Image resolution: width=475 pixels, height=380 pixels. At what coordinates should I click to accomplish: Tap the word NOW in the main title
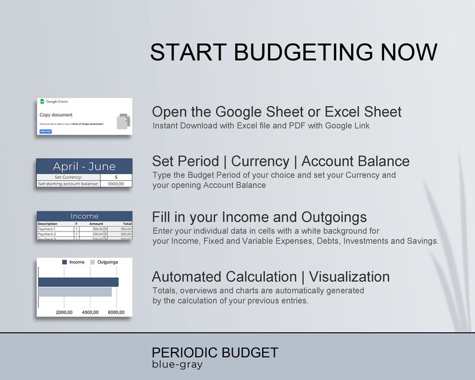click(407, 52)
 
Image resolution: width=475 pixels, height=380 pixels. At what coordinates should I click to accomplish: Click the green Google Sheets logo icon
click(42, 102)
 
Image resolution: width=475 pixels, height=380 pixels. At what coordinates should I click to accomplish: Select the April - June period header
click(84, 166)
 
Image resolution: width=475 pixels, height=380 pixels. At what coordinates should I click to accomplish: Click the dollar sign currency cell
click(116, 177)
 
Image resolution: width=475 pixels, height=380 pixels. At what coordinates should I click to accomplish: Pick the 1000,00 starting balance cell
click(115, 184)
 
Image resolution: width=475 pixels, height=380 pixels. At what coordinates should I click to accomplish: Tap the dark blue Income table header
click(84, 216)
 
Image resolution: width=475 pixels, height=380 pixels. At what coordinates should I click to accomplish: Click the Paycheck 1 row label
click(47, 229)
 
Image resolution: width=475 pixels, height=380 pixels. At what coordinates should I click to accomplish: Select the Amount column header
click(96, 224)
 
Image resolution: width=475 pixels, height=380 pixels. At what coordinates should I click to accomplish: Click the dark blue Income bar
click(78, 282)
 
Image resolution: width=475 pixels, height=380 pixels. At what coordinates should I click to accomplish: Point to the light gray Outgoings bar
click(75, 292)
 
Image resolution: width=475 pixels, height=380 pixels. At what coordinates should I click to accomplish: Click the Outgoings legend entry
click(104, 262)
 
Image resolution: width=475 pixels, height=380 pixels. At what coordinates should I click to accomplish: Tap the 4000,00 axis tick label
click(90, 312)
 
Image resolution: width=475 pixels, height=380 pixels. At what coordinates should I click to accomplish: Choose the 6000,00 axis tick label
click(115, 312)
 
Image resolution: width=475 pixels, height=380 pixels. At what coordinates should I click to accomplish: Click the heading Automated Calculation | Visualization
click(270, 276)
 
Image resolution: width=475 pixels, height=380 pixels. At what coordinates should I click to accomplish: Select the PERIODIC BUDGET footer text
click(215, 352)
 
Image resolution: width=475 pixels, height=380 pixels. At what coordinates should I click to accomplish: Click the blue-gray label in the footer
click(177, 364)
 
